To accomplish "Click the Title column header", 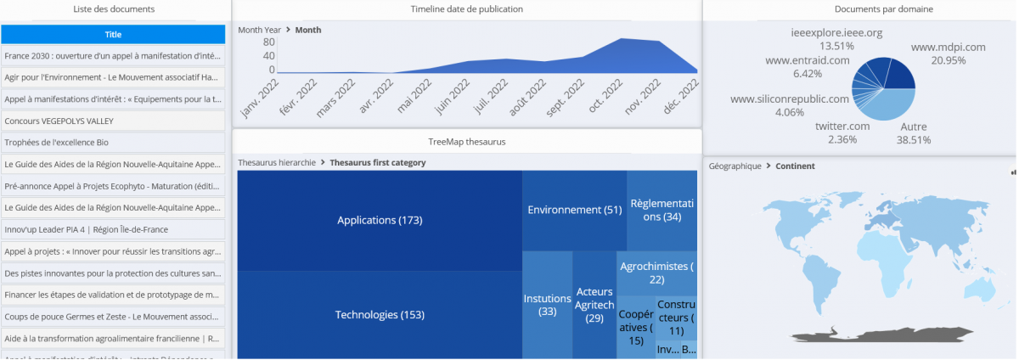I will click(113, 34).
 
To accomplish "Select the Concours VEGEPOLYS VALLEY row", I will click(113, 121).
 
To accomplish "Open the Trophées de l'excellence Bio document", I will click(113, 143).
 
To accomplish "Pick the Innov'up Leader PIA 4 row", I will click(113, 229).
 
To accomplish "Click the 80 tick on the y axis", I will click(268, 42).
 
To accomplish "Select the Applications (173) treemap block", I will click(380, 220).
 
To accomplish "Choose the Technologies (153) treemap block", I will click(380, 315).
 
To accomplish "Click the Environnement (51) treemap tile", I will click(575, 210).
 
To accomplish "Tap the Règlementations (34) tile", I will click(662, 210).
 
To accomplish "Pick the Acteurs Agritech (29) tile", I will click(594, 305).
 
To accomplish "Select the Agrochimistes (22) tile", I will click(657, 273).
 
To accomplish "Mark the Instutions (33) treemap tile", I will click(547, 305).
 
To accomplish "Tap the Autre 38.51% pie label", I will click(914, 133).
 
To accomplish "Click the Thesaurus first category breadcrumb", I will click(378, 162).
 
